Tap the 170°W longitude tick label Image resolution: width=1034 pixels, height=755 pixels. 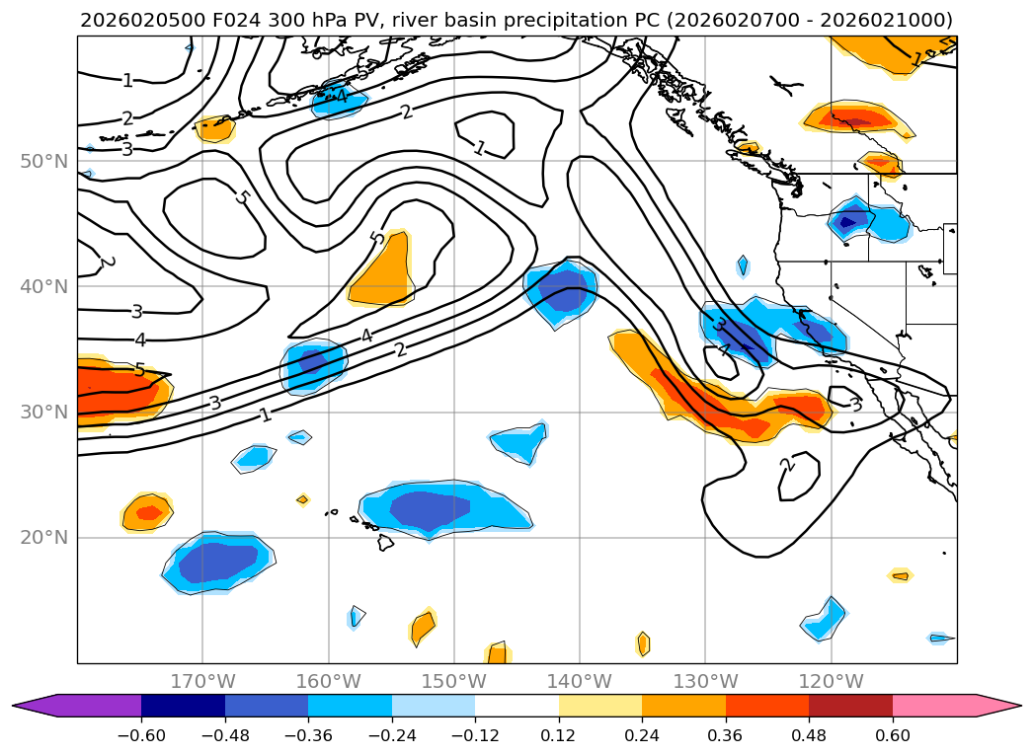(x=202, y=681)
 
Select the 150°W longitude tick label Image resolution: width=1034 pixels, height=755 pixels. (x=453, y=681)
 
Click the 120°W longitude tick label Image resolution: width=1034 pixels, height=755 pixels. (x=831, y=681)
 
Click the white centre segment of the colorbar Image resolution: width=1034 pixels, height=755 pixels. (x=517, y=705)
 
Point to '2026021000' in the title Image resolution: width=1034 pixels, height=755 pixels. (x=902, y=20)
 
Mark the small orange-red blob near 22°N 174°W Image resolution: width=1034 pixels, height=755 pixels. (x=148, y=512)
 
